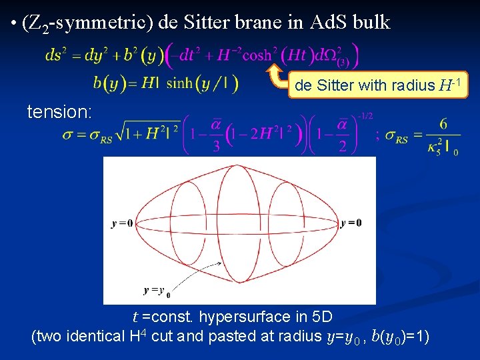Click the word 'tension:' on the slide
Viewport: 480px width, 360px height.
click(x=59, y=112)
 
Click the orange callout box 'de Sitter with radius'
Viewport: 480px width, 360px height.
click(x=378, y=85)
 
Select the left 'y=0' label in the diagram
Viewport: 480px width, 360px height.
click(x=122, y=223)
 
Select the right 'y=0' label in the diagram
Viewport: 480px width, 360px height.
click(x=351, y=223)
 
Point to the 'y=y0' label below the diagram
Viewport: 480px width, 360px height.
click(x=157, y=291)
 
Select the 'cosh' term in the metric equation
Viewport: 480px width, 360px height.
click(x=257, y=55)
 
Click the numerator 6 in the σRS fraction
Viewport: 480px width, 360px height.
click(x=443, y=125)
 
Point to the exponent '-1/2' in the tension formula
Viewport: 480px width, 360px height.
click(x=365, y=116)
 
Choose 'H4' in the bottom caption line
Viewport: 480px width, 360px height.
click(x=138, y=335)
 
